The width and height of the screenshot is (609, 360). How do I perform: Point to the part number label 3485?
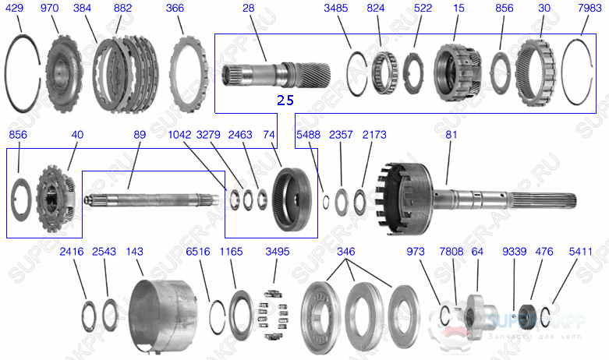(x=337, y=8)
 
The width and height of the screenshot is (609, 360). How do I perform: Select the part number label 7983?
(x=590, y=8)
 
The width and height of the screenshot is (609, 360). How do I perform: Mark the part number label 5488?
(x=308, y=136)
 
